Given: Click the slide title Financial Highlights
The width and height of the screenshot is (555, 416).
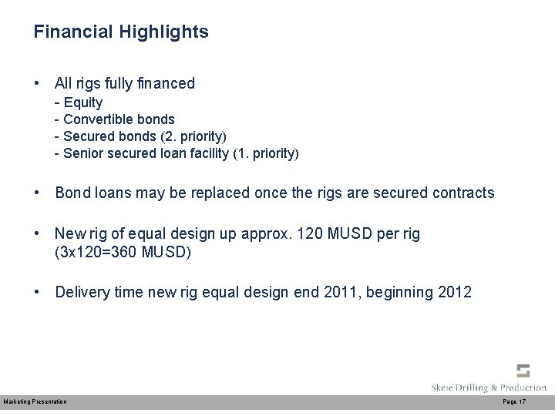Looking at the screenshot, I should point(121,32).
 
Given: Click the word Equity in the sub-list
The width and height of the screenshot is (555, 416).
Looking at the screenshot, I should point(83,102).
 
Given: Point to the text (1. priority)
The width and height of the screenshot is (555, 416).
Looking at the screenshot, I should point(266,153).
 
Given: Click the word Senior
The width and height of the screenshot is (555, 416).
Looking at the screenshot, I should point(83,153).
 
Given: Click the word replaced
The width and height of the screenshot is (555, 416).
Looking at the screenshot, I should point(207,193).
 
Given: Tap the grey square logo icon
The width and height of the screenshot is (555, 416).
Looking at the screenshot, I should point(523,371).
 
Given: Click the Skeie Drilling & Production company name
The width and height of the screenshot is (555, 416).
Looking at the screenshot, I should point(489,387).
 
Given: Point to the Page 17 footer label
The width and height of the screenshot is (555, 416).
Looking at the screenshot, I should point(514,402).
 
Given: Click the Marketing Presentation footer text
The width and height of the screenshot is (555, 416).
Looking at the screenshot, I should point(35,402).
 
